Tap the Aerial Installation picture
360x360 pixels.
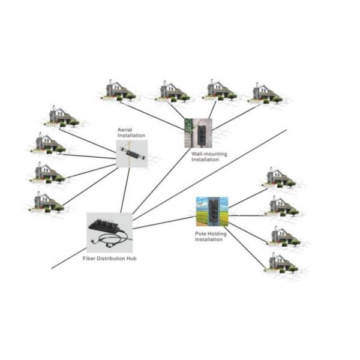(131, 154)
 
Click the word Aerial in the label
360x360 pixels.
(125, 130)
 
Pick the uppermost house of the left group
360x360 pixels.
(59, 115)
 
